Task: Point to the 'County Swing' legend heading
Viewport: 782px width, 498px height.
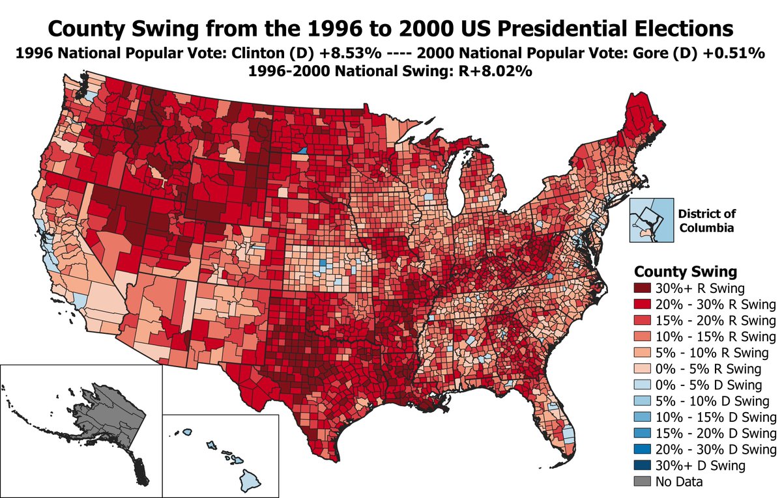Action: (676, 271)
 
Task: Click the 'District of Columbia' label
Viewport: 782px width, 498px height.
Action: (706, 220)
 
